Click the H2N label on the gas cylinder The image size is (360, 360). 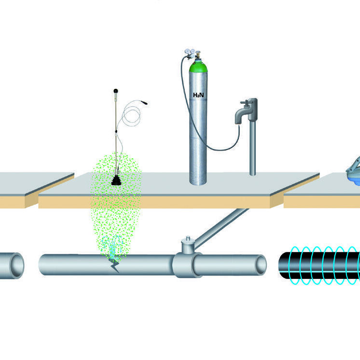198,95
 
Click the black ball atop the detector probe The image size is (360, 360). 116,90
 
